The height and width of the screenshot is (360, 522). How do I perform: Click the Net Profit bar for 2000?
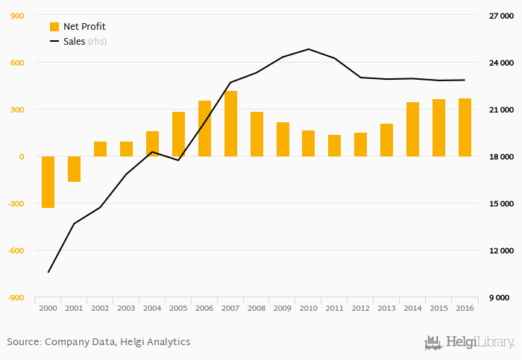(48, 182)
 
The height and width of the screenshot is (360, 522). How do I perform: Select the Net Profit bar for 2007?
(230, 124)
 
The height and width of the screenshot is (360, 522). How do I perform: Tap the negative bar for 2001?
(74, 169)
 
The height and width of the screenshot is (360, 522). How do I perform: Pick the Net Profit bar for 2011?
(334, 145)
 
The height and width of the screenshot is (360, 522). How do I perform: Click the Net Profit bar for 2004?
(152, 144)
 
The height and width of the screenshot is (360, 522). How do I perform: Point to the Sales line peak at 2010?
(309, 49)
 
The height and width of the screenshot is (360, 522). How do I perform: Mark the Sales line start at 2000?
(48, 272)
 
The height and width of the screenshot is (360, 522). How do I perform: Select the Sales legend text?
(74, 42)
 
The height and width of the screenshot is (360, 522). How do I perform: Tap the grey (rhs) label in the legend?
(97, 42)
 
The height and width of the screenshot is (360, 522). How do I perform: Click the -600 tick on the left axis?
(16, 250)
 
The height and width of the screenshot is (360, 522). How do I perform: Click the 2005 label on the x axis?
(178, 308)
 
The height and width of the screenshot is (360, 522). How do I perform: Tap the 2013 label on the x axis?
(386, 308)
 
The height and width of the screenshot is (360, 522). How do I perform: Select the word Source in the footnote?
(23, 342)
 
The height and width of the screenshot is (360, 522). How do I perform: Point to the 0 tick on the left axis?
(22, 157)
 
